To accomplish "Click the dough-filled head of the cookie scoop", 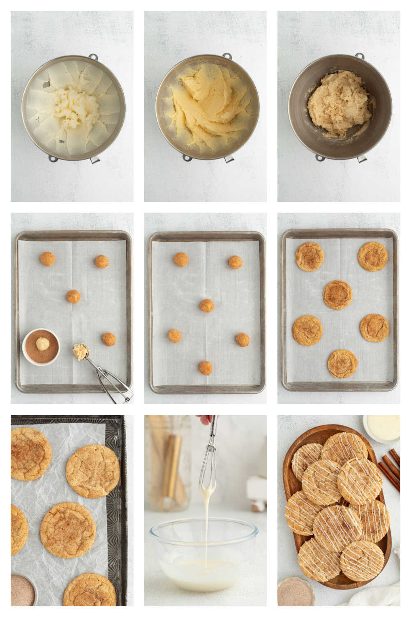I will pyautogui.click(x=81, y=352).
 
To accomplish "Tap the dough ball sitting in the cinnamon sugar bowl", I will pyautogui.click(x=43, y=343).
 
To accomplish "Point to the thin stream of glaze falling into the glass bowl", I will pyautogui.click(x=205, y=531).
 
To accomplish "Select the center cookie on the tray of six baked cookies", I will pyautogui.click(x=337, y=295).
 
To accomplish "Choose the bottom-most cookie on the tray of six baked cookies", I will pyautogui.click(x=342, y=364).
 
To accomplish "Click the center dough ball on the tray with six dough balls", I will pyautogui.click(x=207, y=306).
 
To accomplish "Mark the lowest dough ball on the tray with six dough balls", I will pyautogui.click(x=205, y=368).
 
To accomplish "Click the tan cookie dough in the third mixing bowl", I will pyautogui.click(x=339, y=103).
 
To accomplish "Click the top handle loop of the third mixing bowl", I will pyautogui.click(x=360, y=56).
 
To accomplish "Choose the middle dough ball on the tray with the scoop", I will pyautogui.click(x=73, y=296).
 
